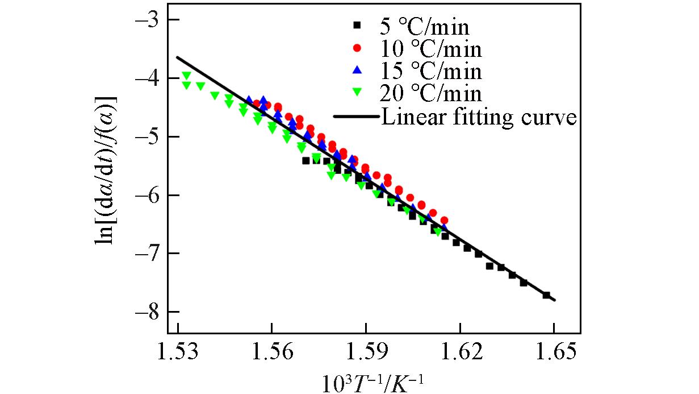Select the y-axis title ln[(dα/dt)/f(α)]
pos(106,169)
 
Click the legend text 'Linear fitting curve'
pos(479,117)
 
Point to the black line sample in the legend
pos(355,117)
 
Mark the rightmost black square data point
pos(546,295)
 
